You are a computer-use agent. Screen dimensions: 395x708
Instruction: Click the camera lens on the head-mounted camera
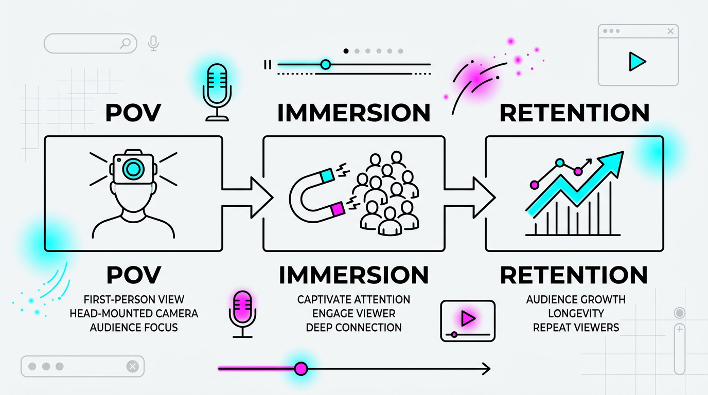pyautogui.click(x=134, y=168)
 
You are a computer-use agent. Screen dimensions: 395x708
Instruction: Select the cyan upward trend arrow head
pyautogui.click(x=613, y=162)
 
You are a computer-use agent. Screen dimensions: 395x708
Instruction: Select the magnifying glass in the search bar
pyautogui.click(x=125, y=44)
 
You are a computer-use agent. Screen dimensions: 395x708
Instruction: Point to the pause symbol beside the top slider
pyautogui.click(x=267, y=64)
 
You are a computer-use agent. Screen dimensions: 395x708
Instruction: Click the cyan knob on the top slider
pyautogui.click(x=325, y=64)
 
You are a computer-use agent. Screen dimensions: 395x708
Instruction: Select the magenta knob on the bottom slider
pyautogui.click(x=301, y=368)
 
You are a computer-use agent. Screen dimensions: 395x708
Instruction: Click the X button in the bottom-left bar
pyautogui.click(x=132, y=366)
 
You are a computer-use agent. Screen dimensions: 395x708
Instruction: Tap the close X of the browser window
pyautogui.click(x=670, y=31)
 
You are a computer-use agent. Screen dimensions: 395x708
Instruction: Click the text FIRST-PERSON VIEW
pyautogui.click(x=134, y=299)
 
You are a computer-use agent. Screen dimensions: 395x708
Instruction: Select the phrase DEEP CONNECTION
pyautogui.click(x=353, y=327)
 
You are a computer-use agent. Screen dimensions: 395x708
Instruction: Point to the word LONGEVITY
pyautogui.click(x=575, y=313)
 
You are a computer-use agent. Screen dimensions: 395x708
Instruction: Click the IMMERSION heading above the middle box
pyautogui.click(x=353, y=113)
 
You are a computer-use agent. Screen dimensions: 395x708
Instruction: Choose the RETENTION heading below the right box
pyautogui.click(x=574, y=275)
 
